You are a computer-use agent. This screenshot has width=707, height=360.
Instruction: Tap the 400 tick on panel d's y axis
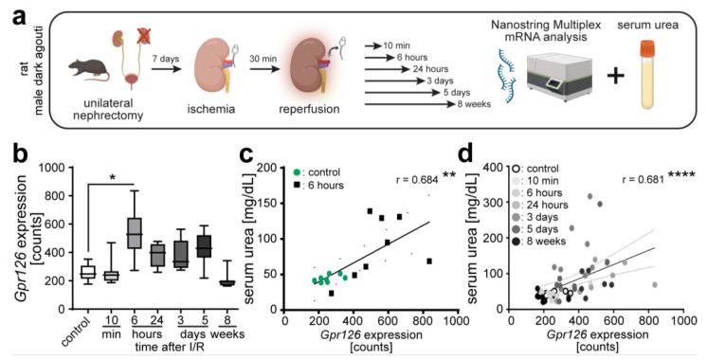501,168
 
